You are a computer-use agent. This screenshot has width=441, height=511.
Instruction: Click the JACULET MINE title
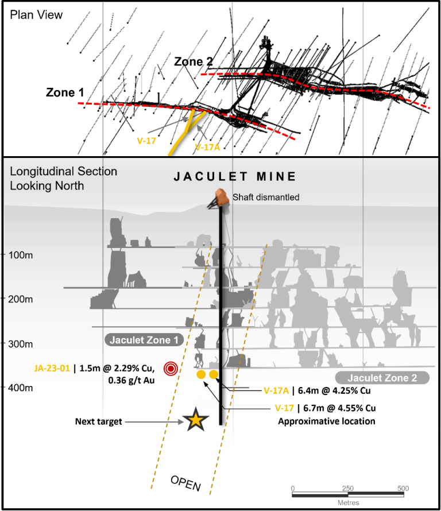click(x=235, y=177)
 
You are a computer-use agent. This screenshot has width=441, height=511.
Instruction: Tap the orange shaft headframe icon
click(x=219, y=198)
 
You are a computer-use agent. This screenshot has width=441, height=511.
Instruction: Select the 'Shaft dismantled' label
click(x=266, y=198)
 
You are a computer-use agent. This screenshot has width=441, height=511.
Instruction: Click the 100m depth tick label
click(x=21, y=254)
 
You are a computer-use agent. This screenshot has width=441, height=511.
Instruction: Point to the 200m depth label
click(x=21, y=299)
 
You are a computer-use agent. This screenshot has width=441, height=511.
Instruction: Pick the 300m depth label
click(x=21, y=343)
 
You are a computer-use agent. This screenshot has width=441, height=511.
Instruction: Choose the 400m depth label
click(x=21, y=388)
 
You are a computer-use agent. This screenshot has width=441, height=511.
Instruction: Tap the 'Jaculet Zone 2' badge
click(x=382, y=378)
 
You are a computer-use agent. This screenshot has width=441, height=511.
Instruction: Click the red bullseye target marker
click(x=171, y=369)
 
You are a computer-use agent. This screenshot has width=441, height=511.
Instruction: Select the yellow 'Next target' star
click(x=196, y=421)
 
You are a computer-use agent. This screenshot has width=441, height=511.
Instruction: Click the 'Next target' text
click(x=98, y=421)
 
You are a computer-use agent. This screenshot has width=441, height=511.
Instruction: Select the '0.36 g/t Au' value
click(x=131, y=380)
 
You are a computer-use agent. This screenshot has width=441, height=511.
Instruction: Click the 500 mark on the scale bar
click(x=403, y=489)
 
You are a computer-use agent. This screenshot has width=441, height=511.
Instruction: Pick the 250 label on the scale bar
click(x=348, y=489)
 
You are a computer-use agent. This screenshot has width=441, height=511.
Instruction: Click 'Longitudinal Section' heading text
click(x=63, y=172)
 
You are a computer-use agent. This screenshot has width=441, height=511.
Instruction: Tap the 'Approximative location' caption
click(x=326, y=421)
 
